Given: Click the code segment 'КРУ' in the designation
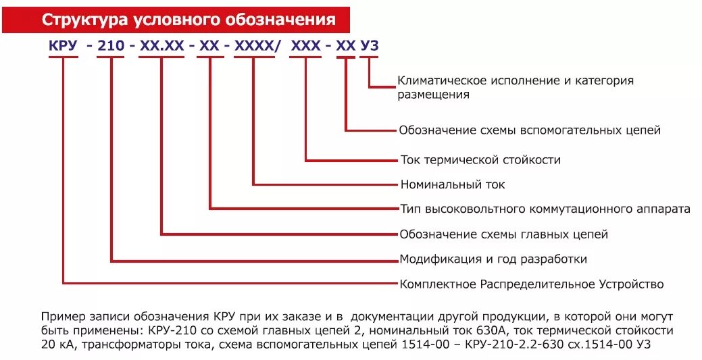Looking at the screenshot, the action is [x=63, y=46].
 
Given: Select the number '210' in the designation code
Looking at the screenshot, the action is [x=111, y=46].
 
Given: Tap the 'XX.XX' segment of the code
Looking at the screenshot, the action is [x=161, y=46].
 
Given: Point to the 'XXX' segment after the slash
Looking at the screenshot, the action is [x=305, y=46].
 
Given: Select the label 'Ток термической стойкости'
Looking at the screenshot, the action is [x=480, y=161].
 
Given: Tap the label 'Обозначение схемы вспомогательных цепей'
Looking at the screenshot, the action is [x=530, y=130].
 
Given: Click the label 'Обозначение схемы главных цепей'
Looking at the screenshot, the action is [x=504, y=234].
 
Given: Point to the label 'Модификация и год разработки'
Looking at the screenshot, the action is [x=493, y=259].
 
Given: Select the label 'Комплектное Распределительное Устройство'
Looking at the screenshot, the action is [x=532, y=284].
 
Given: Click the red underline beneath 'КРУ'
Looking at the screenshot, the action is [x=63, y=57].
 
